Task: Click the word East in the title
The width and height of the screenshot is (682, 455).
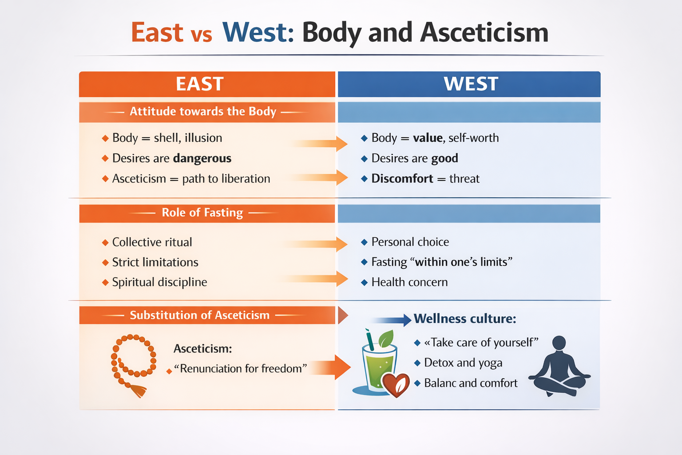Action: (157, 32)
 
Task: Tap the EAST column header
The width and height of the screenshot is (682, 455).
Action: (199, 84)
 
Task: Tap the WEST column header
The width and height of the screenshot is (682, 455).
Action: (471, 84)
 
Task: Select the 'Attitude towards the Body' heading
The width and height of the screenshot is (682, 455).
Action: (203, 112)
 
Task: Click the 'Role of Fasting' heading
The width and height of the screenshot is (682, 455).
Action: (202, 213)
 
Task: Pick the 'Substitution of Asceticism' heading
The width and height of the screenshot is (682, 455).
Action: (200, 315)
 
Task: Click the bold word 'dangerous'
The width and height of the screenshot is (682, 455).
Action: (202, 158)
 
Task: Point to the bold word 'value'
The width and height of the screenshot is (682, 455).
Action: (428, 138)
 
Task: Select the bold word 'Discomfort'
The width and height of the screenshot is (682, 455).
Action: (402, 179)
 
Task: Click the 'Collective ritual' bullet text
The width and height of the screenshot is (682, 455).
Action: (152, 242)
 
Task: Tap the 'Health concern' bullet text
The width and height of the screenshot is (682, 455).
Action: (409, 282)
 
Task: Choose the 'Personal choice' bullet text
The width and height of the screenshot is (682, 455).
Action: (410, 242)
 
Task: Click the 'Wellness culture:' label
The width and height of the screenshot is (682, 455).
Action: (465, 319)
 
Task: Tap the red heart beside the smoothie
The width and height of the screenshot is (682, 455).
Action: (396, 384)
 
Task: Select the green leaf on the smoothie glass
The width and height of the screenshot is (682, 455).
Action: (386, 339)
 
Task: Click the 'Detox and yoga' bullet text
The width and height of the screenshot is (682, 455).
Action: (463, 363)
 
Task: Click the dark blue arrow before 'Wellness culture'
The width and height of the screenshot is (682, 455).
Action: (393, 320)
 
